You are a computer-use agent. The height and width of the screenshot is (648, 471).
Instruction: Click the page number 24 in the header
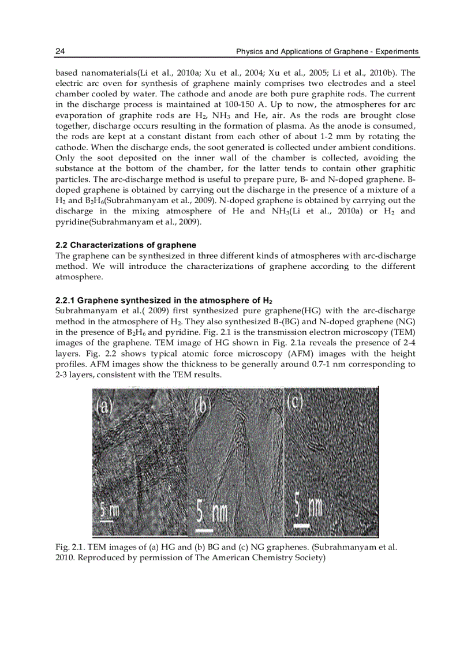click(x=59, y=52)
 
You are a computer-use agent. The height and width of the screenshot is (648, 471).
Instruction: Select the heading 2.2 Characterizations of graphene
click(x=125, y=245)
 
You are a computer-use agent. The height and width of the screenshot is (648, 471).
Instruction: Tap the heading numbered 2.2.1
click(x=163, y=300)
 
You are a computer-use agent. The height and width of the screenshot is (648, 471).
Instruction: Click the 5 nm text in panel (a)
click(x=110, y=510)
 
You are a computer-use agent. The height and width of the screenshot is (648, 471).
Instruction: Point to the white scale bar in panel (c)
click(x=301, y=526)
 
